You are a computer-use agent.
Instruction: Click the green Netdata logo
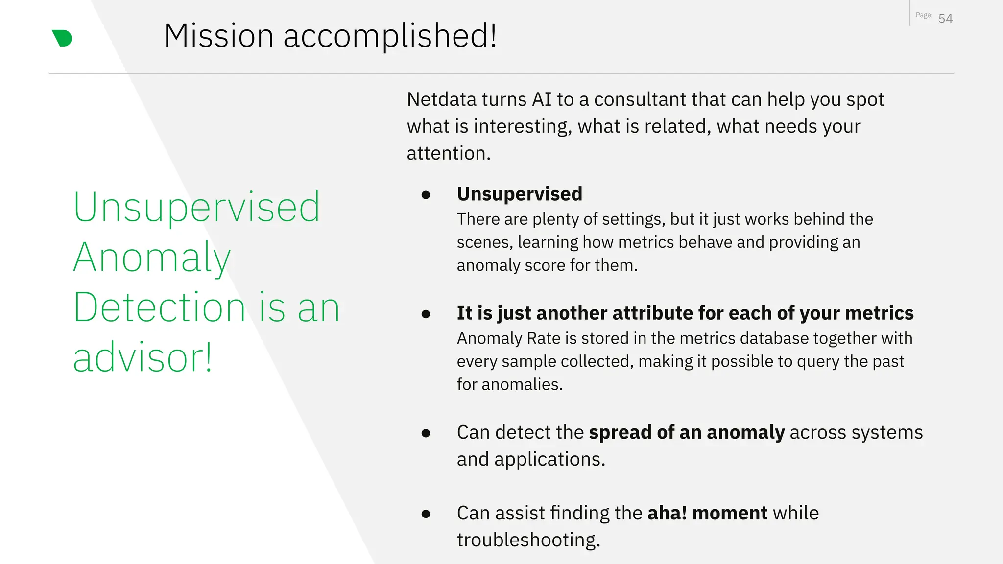(62, 38)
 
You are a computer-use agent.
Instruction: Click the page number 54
(945, 19)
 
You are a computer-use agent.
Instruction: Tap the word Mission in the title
(218, 36)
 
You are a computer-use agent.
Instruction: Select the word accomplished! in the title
(390, 36)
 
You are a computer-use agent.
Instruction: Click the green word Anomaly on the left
(152, 258)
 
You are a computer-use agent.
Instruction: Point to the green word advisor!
(143, 357)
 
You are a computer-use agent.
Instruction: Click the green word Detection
(159, 307)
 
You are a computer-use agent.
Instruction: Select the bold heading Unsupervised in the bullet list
(520, 194)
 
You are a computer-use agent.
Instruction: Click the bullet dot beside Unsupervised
(426, 195)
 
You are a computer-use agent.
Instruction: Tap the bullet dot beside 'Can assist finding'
(426, 514)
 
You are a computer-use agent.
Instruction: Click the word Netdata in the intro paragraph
(442, 99)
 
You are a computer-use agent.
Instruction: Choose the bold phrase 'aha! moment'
(707, 513)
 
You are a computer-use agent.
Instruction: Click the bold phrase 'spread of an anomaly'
(687, 432)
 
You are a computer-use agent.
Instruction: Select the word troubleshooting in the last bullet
(528, 540)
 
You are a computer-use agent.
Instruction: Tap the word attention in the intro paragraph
(447, 153)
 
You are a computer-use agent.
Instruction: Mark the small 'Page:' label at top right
(924, 15)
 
